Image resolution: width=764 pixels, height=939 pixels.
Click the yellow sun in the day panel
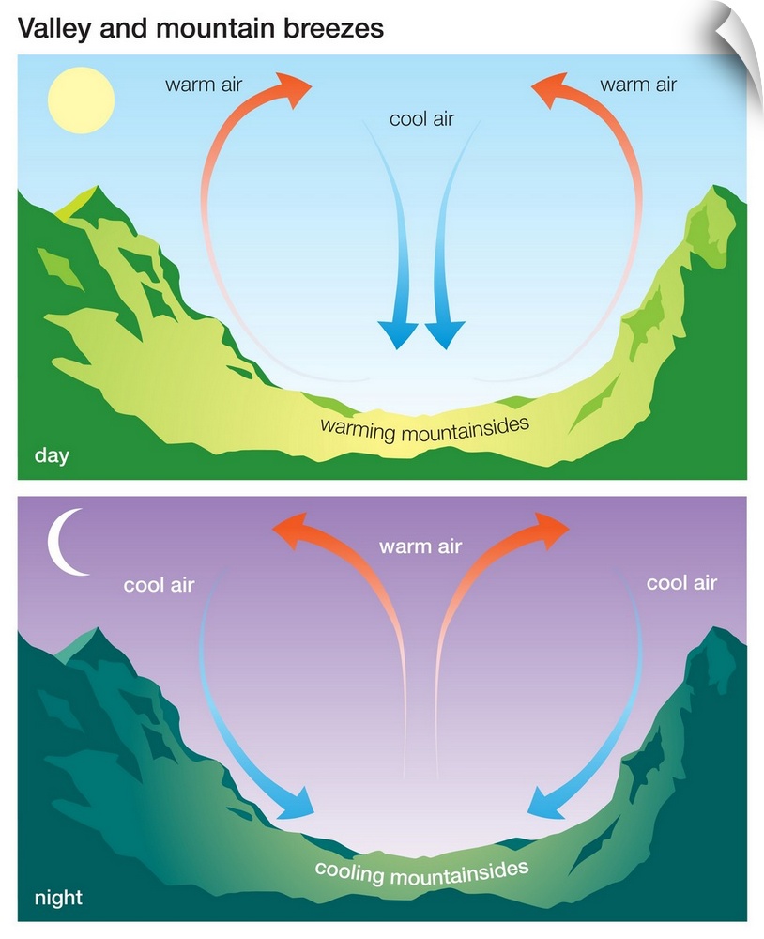(x=81, y=100)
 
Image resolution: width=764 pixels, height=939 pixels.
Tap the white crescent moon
(x=66, y=542)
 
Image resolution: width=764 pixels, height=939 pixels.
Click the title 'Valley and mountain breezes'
(x=201, y=28)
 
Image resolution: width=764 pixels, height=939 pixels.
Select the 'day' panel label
(x=53, y=455)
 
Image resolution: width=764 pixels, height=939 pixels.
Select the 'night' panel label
(x=59, y=897)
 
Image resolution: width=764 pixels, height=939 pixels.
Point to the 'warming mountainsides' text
(x=425, y=429)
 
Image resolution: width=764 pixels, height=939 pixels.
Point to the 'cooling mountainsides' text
(x=422, y=872)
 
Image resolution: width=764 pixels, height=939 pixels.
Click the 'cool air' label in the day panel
(x=421, y=119)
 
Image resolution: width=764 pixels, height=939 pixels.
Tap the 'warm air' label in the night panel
(x=420, y=546)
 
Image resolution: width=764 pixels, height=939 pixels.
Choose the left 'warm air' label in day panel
(x=204, y=85)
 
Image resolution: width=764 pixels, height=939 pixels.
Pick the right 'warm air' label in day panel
(x=638, y=85)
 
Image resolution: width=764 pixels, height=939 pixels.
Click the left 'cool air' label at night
(x=159, y=584)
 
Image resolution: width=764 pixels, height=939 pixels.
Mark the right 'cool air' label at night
(x=682, y=583)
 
